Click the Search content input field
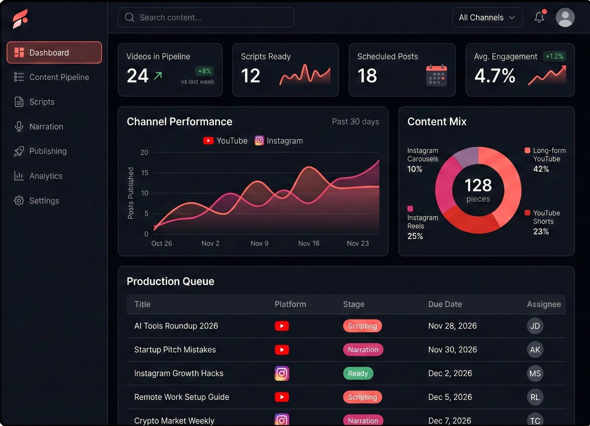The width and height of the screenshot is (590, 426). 206,17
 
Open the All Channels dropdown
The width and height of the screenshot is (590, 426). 487,17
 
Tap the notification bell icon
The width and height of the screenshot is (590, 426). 539,17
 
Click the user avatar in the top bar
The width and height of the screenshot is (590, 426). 565,17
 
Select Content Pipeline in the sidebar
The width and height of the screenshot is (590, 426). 59,77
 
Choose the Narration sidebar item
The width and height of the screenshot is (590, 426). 46,127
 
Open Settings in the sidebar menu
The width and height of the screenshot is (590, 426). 44,201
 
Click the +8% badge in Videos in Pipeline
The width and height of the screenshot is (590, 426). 204,71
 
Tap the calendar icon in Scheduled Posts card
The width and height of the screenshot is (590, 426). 436,76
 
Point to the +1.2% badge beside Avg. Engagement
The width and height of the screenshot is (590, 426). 554,56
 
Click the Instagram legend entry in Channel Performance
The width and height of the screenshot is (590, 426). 279,141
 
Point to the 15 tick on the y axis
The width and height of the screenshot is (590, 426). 144,173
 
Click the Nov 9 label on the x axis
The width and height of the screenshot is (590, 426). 259,243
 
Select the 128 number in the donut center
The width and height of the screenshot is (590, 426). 478,185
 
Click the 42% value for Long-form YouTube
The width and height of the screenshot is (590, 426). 541,169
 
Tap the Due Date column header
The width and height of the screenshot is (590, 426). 445,304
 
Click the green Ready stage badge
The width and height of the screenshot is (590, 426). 358,373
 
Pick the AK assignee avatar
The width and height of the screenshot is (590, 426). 535,350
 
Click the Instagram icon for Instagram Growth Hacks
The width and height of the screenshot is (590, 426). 282,373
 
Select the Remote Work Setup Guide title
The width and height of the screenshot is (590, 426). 182,397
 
